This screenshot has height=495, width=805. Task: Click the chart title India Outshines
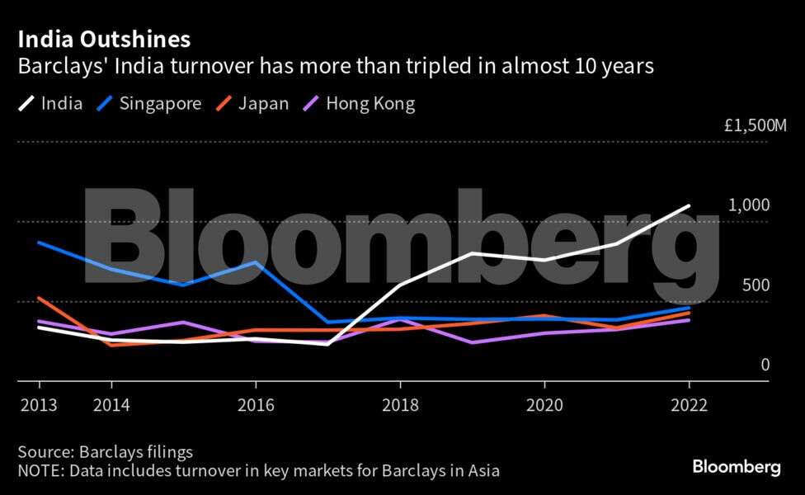pyautogui.click(x=104, y=39)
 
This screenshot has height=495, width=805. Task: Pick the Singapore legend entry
pyautogui.click(x=148, y=104)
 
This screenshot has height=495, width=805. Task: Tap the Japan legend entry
pyautogui.click(x=252, y=104)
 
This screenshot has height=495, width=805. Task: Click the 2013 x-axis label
pyautogui.click(x=39, y=406)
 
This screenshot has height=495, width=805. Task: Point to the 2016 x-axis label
pyautogui.click(x=256, y=406)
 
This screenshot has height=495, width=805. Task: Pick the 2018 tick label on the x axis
pyautogui.click(x=400, y=406)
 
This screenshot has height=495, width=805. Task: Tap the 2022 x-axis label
pyautogui.click(x=689, y=406)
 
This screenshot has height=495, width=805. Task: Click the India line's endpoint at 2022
pyautogui.click(x=689, y=206)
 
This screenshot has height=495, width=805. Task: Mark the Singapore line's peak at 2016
pyautogui.click(x=256, y=262)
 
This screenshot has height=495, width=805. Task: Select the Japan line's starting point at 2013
pyautogui.click(x=39, y=298)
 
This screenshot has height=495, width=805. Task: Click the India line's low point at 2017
pyautogui.click(x=327, y=344)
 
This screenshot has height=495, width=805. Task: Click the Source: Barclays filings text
pyautogui.click(x=105, y=452)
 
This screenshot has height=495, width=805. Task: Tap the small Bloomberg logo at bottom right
pyautogui.click(x=737, y=467)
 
